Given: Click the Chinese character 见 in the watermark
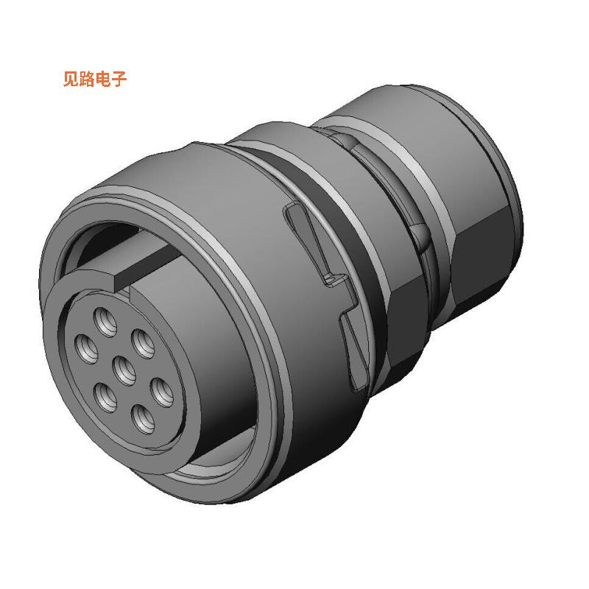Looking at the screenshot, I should click(x=71, y=80).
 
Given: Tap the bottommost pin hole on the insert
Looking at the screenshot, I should click(x=141, y=420).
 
